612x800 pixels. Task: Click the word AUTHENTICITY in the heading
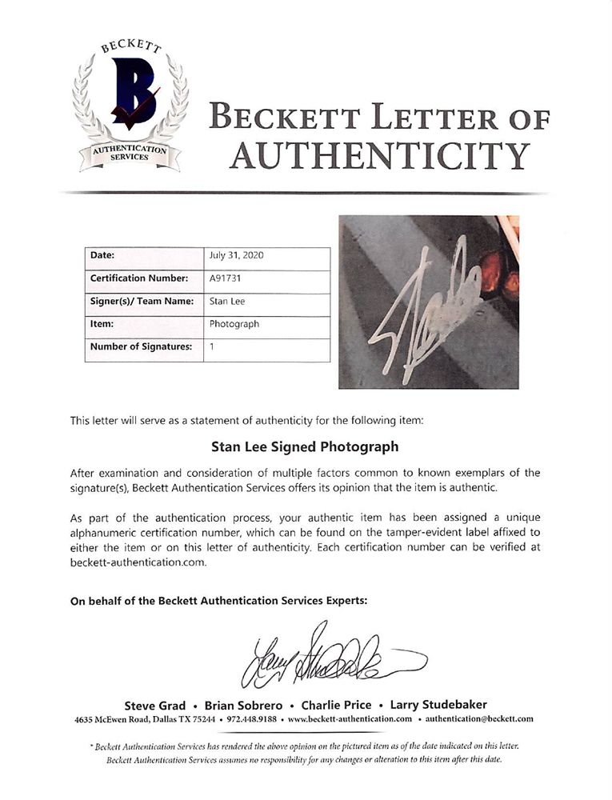tap(378, 154)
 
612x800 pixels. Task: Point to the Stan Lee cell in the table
tap(226, 302)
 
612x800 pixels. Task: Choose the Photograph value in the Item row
tap(234, 324)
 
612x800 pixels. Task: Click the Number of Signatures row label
tap(141, 347)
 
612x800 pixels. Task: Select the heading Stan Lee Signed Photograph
tap(306, 446)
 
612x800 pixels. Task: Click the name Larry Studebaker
tap(437, 706)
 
